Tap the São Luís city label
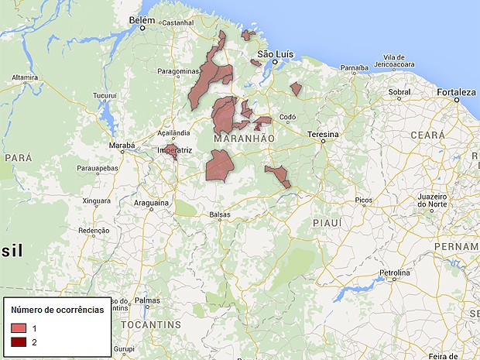277,54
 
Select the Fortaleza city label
455,92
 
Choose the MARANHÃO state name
243,138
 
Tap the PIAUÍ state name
327,222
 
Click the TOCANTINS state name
156,324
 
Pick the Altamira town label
25,77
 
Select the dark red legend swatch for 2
19,341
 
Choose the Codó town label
288,118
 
